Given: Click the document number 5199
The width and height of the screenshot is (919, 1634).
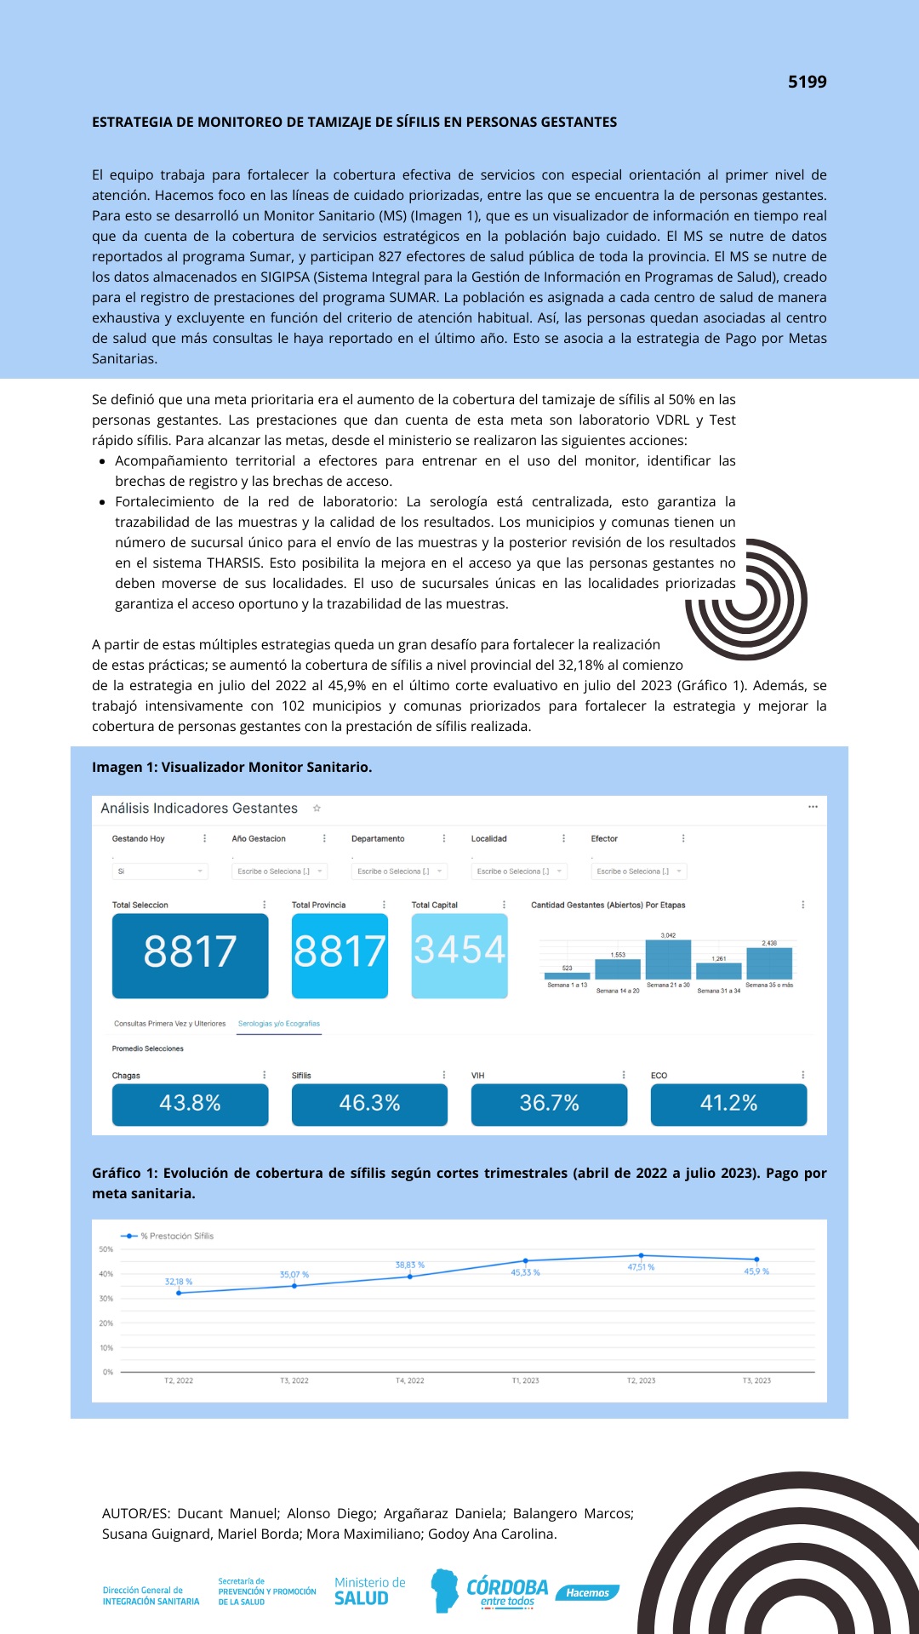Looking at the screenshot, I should tap(807, 82).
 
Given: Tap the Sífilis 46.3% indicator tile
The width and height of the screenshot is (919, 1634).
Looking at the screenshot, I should tap(369, 1104).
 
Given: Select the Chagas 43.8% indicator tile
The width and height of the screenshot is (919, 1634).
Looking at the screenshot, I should tap(190, 1104).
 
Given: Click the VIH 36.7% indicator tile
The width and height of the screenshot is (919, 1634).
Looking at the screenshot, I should tap(549, 1104).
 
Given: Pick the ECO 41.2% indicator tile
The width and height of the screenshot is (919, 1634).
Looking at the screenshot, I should tap(728, 1104).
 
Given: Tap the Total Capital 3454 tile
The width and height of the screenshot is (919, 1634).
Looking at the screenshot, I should tap(459, 955).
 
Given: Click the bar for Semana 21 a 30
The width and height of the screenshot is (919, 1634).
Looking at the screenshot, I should tap(668, 959).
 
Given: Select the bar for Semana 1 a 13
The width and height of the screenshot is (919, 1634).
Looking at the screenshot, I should tap(567, 975).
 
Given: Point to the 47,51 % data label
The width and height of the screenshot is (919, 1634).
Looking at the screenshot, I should tap(641, 1267).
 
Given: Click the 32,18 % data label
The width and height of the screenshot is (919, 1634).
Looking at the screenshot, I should tap(179, 1282).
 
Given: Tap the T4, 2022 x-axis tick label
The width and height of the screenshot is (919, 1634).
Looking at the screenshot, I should tap(409, 1380).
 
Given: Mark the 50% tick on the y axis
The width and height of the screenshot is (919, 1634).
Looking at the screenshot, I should tap(106, 1249).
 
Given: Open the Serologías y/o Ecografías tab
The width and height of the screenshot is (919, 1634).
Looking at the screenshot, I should tap(279, 1024).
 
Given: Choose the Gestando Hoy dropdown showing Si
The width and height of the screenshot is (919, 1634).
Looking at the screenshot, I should tap(159, 871).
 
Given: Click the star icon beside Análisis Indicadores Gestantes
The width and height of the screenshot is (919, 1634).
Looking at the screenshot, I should tap(317, 808).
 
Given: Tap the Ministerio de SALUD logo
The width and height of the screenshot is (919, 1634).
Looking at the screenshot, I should tap(369, 1591).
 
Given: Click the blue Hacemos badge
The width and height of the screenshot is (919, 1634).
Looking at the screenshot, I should tap(587, 1592).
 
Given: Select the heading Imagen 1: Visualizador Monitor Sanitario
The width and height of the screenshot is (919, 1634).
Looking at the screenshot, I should tap(231, 767).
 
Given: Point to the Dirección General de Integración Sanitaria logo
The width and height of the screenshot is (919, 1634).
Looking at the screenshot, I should tap(151, 1596).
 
